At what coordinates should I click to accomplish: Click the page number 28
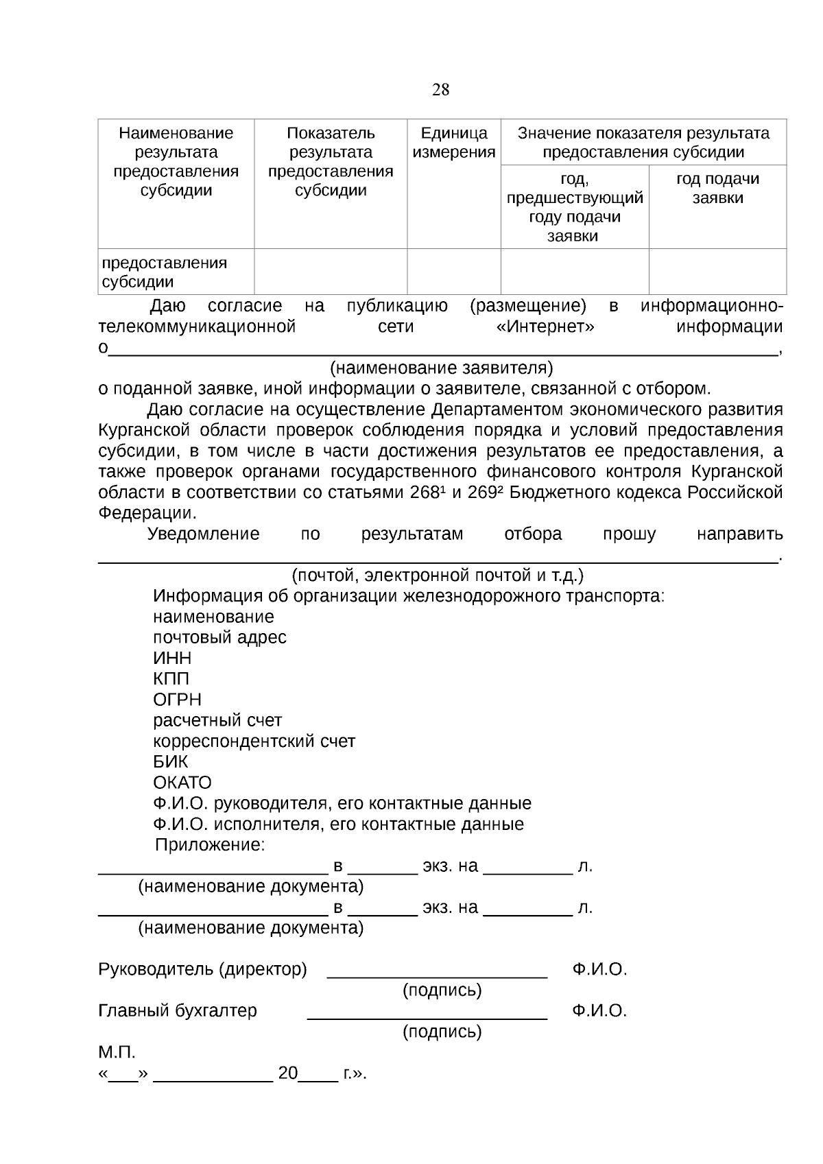coord(440,90)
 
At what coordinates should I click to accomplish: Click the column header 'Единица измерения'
coord(453,143)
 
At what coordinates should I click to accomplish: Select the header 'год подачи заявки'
coord(717,189)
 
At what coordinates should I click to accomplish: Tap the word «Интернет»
coord(545,326)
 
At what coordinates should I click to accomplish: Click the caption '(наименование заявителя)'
coord(441,368)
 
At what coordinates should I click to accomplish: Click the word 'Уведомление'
coord(203,534)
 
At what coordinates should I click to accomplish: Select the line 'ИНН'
coord(172,658)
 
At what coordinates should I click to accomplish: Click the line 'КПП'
coord(171,679)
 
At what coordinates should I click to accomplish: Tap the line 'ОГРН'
coord(177,700)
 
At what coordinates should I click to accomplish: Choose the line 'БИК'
coord(170,762)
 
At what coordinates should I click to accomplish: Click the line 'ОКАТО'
coord(182,783)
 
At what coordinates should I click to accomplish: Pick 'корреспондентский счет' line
coord(254,741)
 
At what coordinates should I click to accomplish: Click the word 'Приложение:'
coord(209,845)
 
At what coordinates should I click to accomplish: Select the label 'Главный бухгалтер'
coord(178,1010)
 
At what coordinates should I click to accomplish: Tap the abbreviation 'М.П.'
coord(117,1052)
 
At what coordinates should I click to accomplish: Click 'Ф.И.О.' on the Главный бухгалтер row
coord(599,1010)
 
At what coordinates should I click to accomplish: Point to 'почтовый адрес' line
coord(219,637)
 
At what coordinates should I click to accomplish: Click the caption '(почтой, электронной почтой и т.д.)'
coord(438,575)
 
